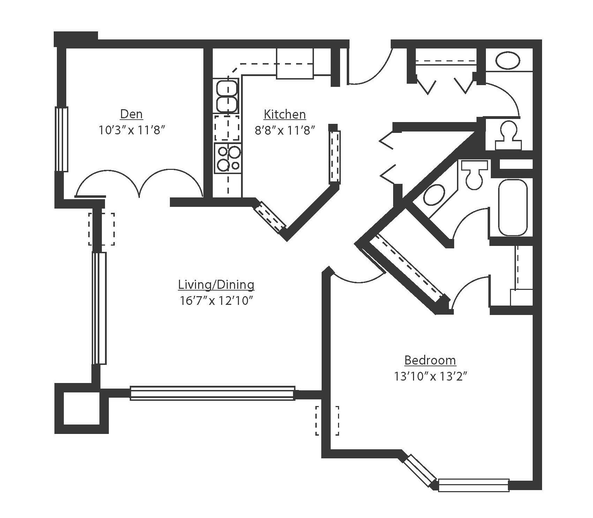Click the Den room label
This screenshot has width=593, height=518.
click(x=132, y=114)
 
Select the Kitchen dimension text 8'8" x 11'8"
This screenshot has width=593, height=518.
click(x=285, y=130)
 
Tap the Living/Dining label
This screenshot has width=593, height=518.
click(x=216, y=285)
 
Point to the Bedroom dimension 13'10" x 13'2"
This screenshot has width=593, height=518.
click(x=430, y=376)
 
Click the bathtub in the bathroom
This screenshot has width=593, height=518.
click(x=512, y=208)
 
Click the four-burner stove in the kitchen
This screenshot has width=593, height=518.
click(x=228, y=158)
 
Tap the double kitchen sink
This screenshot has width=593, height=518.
click(x=227, y=96)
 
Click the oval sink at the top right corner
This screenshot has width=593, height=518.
click(x=508, y=61)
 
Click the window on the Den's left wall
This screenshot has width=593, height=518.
click(x=62, y=139)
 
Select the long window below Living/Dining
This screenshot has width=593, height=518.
click(x=212, y=393)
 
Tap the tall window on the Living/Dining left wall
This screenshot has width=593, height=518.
click(x=99, y=308)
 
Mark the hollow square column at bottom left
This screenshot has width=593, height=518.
click(x=82, y=408)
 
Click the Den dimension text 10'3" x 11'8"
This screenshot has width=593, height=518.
click(x=132, y=130)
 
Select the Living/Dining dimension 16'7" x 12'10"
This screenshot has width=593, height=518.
click(x=216, y=301)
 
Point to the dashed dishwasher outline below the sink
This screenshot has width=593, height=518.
click(x=227, y=128)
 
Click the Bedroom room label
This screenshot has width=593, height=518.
click(x=430, y=360)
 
